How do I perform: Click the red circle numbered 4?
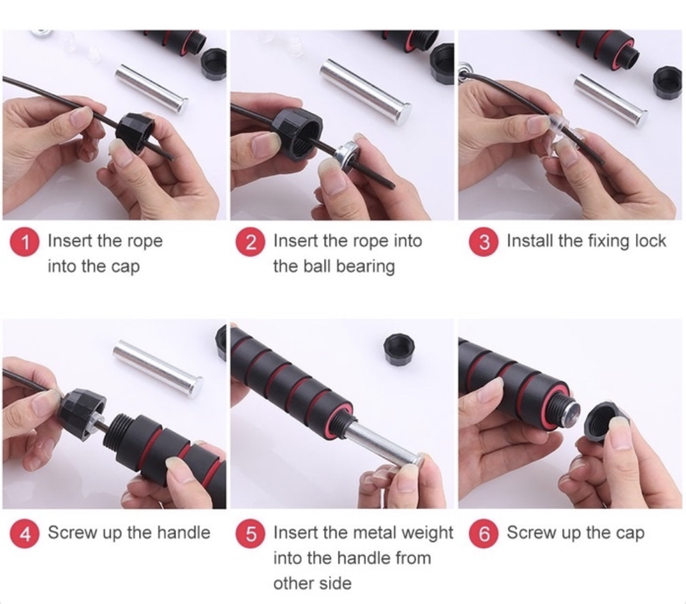26,534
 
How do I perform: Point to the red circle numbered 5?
251,535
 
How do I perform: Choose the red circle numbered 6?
484,535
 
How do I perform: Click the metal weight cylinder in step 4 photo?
159,367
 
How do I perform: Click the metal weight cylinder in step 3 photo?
610,99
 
